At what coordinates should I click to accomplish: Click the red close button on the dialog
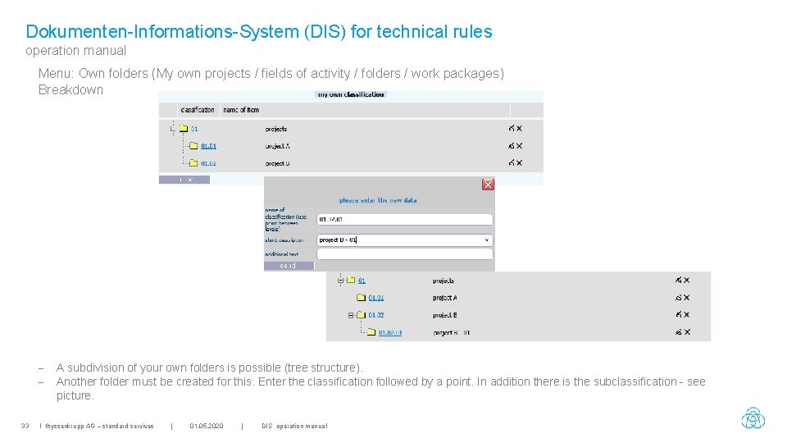488,185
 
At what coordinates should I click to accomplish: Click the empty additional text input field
404,254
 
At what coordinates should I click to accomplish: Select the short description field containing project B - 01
404,240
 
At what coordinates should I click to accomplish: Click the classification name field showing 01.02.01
404,219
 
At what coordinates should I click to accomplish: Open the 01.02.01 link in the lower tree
389,332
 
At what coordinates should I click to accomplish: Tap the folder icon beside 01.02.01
371,332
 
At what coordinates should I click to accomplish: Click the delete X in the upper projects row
519,129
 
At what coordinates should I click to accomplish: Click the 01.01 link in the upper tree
208,146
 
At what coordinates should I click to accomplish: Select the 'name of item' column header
241,110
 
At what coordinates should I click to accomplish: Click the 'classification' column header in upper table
198,110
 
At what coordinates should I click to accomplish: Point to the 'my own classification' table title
351,95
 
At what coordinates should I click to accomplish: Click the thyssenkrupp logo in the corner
753,418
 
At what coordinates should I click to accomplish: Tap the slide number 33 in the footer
25,426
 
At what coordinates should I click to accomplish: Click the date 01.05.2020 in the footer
206,426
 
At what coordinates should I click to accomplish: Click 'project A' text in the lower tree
444,298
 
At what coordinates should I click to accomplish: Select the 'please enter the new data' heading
377,200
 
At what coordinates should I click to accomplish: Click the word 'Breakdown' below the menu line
71,89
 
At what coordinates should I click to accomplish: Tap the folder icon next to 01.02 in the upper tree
193,163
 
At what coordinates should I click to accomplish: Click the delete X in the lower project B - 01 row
686,332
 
